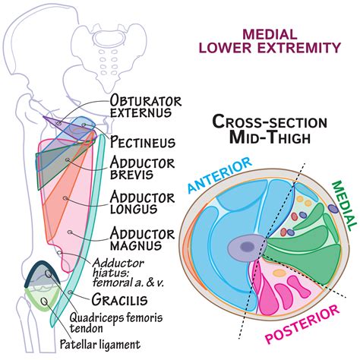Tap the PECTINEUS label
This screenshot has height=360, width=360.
click(x=143, y=142)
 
